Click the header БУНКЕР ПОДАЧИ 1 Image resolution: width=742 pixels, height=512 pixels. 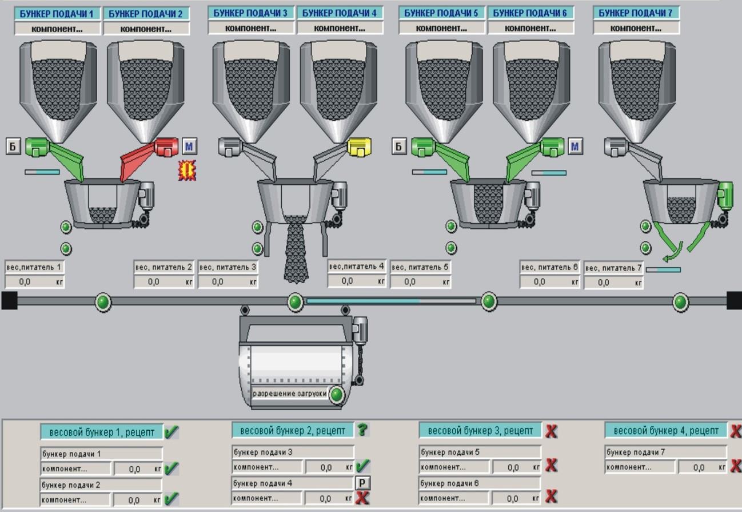[57, 14]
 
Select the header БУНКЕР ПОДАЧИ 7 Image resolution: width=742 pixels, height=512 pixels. [636, 13]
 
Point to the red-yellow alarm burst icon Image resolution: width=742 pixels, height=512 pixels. [187, 170]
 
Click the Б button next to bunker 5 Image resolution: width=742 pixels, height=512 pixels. [399, 146]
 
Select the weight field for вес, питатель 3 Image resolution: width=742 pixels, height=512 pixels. [228, 281]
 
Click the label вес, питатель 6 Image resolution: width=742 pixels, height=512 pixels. [549, 267]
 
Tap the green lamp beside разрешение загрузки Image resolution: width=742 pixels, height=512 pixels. [337, 394]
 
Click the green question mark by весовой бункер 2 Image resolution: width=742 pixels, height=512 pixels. [363, 430]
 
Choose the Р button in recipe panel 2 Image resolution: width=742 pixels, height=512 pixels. [362, 483]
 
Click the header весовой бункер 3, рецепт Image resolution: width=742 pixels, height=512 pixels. [480, 430]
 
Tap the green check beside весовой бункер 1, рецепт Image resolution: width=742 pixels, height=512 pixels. [171, 432]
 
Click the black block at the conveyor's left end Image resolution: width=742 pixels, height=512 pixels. [9, 300]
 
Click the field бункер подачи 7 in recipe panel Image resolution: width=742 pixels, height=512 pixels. [666, 453]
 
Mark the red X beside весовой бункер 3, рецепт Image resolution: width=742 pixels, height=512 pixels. [551, 431]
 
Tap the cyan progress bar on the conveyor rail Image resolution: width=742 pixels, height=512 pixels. [391, 301]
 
